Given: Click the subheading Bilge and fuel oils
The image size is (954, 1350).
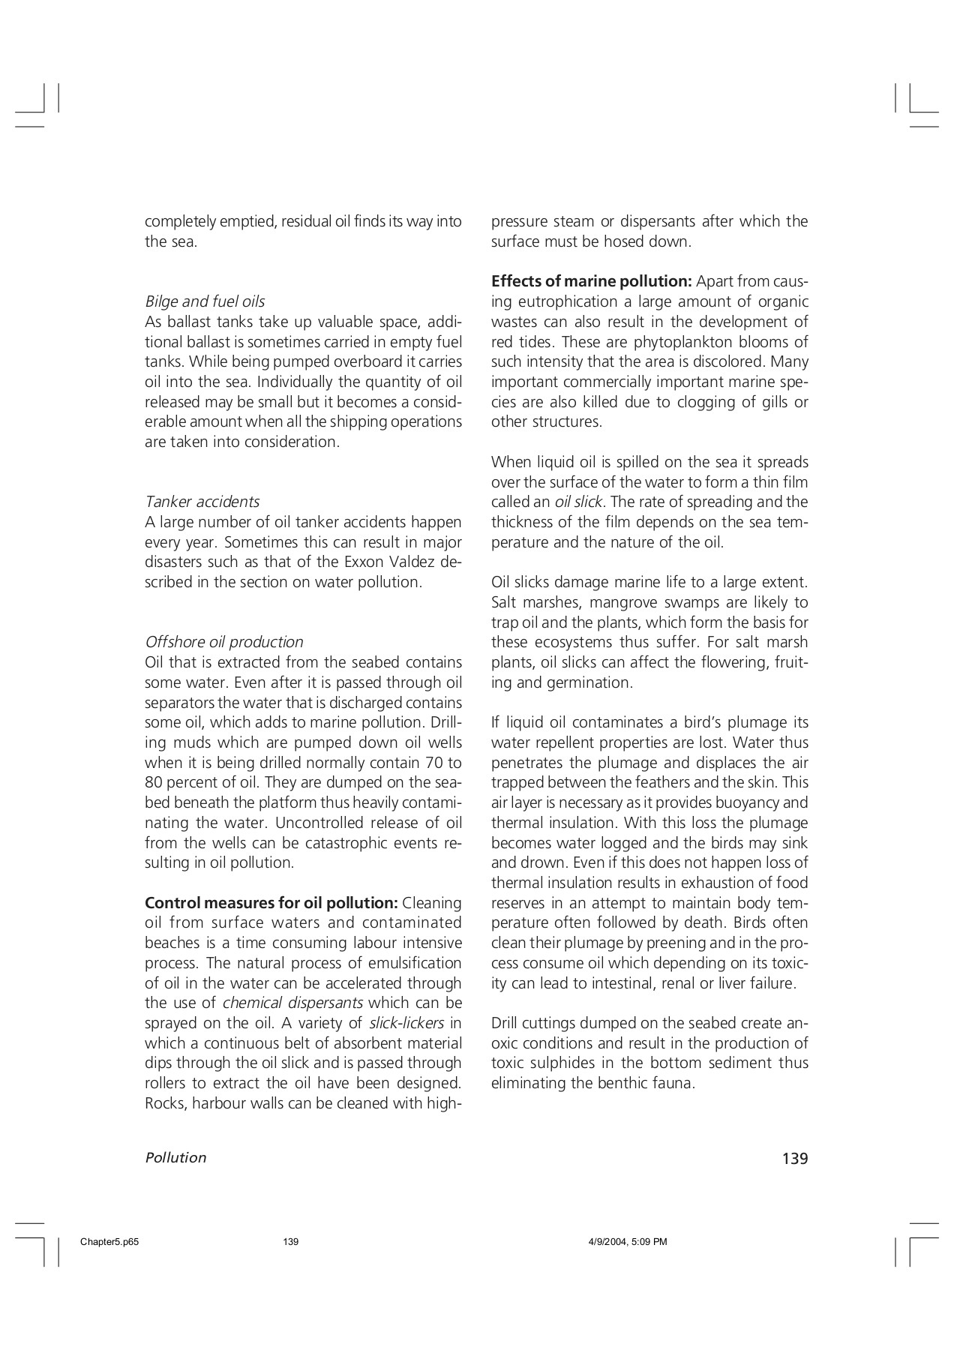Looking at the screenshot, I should point(205,301).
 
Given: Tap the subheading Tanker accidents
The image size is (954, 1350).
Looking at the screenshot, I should point(202,502).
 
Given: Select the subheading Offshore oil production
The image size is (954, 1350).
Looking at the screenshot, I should point(223,642).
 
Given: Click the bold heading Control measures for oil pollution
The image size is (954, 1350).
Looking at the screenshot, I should point(271,902).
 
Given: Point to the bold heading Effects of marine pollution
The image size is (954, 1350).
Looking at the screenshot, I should point(591,281).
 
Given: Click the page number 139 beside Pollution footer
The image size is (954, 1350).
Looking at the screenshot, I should point(794,1159).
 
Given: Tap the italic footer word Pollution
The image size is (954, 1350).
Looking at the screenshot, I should point(175,1158).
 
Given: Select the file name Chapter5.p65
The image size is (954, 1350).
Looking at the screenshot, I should point(109,1242).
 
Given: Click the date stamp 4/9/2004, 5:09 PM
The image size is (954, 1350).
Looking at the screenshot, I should point(627,1242).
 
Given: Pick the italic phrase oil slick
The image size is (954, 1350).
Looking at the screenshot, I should point(578,502).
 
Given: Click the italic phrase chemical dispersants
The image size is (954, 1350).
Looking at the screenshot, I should point(292,1003).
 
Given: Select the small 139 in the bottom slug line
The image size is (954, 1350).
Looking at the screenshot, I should point(291,1242).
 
